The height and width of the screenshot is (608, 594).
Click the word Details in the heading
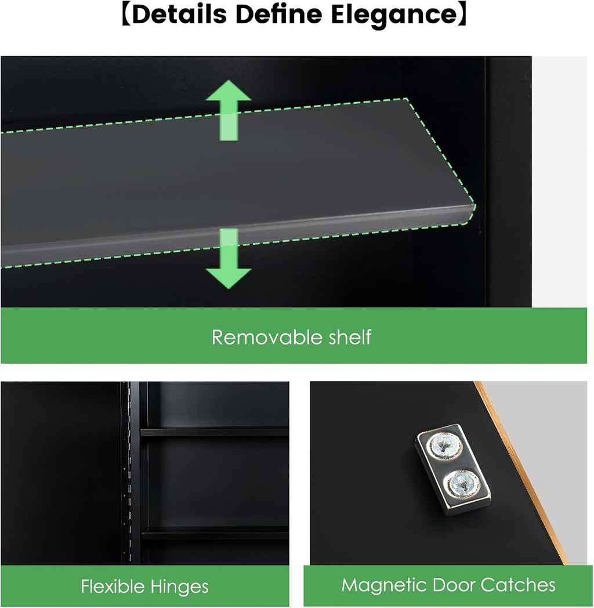tap(179, 15)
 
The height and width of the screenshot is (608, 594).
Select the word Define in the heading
tap(279, 15)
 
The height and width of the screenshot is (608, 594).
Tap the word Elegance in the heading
tap(394, 16)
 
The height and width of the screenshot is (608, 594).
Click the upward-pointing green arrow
tap(229, 110)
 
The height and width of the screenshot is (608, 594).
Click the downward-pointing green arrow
tap(229, 259)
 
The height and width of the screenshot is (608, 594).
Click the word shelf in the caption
tap(350, 336)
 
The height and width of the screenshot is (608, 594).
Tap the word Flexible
tap(113, 586)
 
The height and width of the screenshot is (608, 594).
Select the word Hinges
tap(179, 587)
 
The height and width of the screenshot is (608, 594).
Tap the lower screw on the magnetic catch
tap(462, 483)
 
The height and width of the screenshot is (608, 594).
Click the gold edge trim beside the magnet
tap(521, 472)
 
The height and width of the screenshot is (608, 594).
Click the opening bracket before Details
tap(126, 15)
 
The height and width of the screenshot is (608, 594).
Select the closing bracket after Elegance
tap(463, 15)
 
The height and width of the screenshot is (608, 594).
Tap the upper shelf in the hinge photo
tap(215, 432)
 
